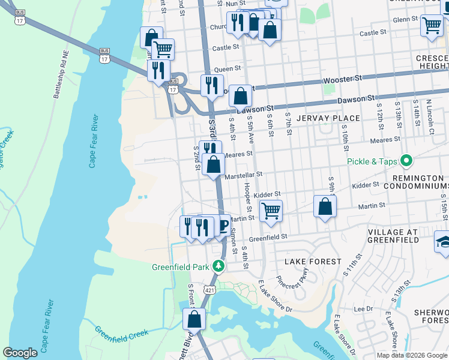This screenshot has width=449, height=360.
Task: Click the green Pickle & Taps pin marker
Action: [x=406, y=161]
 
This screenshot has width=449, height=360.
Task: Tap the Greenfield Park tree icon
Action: [x=220, y=266]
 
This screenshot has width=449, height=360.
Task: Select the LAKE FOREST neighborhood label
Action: [x=313, y=262]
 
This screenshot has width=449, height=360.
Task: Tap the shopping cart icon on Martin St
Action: [x=271, y=211]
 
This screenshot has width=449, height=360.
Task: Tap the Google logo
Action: [x=20, y=353]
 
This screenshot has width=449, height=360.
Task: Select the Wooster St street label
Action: [x=343, y=79]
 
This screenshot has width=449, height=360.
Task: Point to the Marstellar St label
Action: [x=244, y=175]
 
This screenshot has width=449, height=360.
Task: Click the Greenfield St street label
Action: [x=269, y=238]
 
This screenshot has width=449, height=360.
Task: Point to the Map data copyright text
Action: [x=412, y=355]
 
